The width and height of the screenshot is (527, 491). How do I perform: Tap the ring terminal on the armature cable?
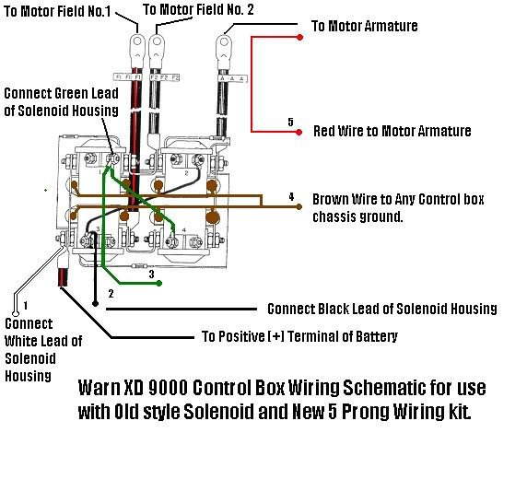pyautogui.click(x=224, y=43)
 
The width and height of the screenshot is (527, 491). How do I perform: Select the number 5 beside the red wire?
pyautogui.click(x=289, y=122)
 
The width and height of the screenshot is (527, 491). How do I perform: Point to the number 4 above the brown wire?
pyautogui.click(x=290, y=197)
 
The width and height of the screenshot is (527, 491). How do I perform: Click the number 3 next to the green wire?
pyautogui.click(x=150, y=275)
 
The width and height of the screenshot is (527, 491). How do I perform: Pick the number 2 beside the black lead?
pyautogui.click(x=110, y=295)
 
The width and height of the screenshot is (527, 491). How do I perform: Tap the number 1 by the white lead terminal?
pyautogui.click(x=26, y=305)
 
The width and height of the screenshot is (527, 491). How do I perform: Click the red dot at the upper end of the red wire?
pyautogui.click(x=300, y=38)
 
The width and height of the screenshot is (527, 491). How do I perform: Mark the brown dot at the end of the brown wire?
pyautogui.click(x=299, y=208)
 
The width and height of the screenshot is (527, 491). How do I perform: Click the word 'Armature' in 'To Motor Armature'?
pyautogui.click(x=386, y=26)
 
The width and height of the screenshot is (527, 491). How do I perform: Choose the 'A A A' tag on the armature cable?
pyautogui.click(x=224, y=81)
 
